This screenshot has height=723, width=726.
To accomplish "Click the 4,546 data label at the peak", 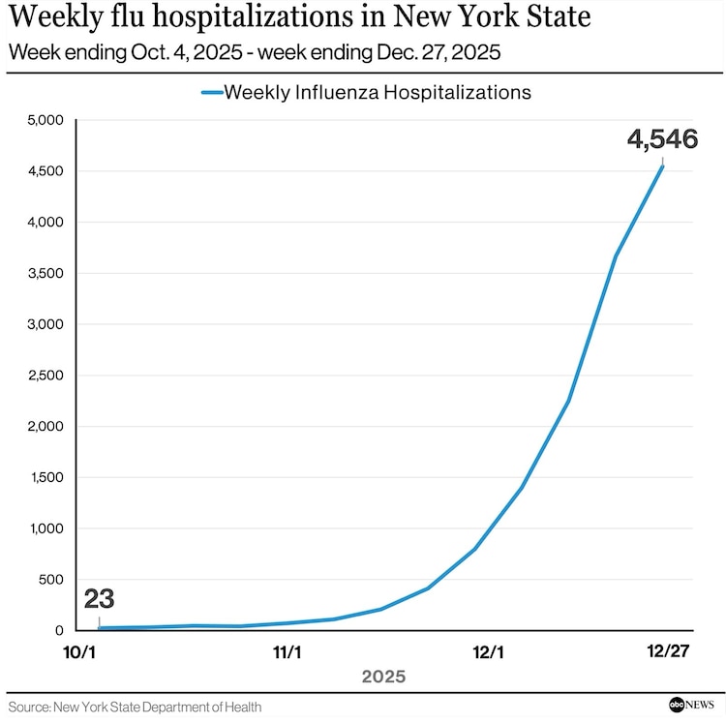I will pyautogui.click(x=662, y=139).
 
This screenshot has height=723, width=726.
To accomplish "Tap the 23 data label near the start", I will pyautogui.click(x=99, y=599).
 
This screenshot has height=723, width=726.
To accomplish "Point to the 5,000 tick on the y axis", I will pyautogui.click(x=44, y=120).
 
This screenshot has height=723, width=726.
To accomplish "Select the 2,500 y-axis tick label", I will pyautogui.click(x=44, y=376).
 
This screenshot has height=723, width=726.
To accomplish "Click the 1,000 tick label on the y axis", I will pyautogui.click(x=44, y=528).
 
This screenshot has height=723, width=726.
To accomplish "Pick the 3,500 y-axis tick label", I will pyautogui.click(x=44, y=273).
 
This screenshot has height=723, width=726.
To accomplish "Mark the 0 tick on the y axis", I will pyautogui.click(x=57, y=631).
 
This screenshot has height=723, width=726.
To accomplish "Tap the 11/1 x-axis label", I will pyautogui.click(x=287, y=652).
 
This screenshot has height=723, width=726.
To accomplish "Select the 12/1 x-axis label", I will pyautogui.click(x=489, y=652).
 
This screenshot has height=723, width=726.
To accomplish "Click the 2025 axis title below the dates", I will pyautogui.click(x=383, y=677).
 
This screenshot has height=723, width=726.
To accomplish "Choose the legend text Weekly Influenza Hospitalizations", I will pyautogui.click(x=378, y=92).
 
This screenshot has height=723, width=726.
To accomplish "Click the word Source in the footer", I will pyautogui.click(x=30, y=708).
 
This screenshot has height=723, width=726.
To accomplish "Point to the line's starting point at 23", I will pyautogui.click(x=99, y=629).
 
